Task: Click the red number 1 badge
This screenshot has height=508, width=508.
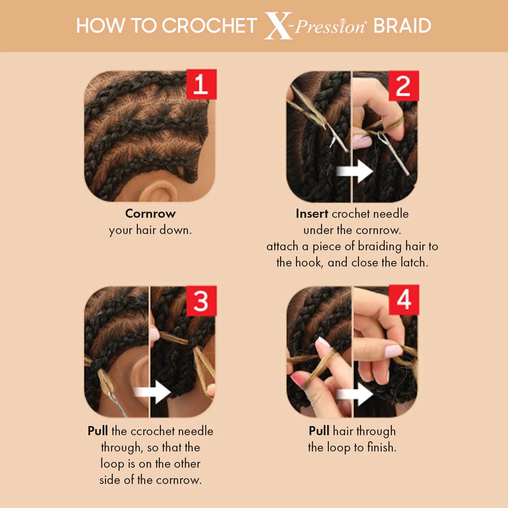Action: pos(201,84)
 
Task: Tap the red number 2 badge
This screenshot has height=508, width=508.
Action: pos(403,86)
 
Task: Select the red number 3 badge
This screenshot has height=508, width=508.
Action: pos(201,301)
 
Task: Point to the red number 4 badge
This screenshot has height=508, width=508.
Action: pos(404,300)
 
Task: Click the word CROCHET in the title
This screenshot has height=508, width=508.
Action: pos(209,26)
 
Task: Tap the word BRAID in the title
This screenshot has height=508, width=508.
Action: pos(402,26)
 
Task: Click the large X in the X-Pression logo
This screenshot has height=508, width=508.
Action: pos(278,26)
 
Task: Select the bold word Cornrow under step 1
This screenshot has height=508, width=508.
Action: pos(150,214)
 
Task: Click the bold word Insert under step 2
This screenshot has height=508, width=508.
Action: pos(312,214)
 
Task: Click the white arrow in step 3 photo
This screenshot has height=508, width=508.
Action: pos(152,392)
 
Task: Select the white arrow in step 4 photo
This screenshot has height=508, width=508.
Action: pos(355,394)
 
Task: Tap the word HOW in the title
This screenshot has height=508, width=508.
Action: pos(100,26)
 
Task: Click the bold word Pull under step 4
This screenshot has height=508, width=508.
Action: pos(319,431)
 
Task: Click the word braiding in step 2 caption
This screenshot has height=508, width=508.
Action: pos(380,247)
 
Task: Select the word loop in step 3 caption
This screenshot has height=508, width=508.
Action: pos(112,464)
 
